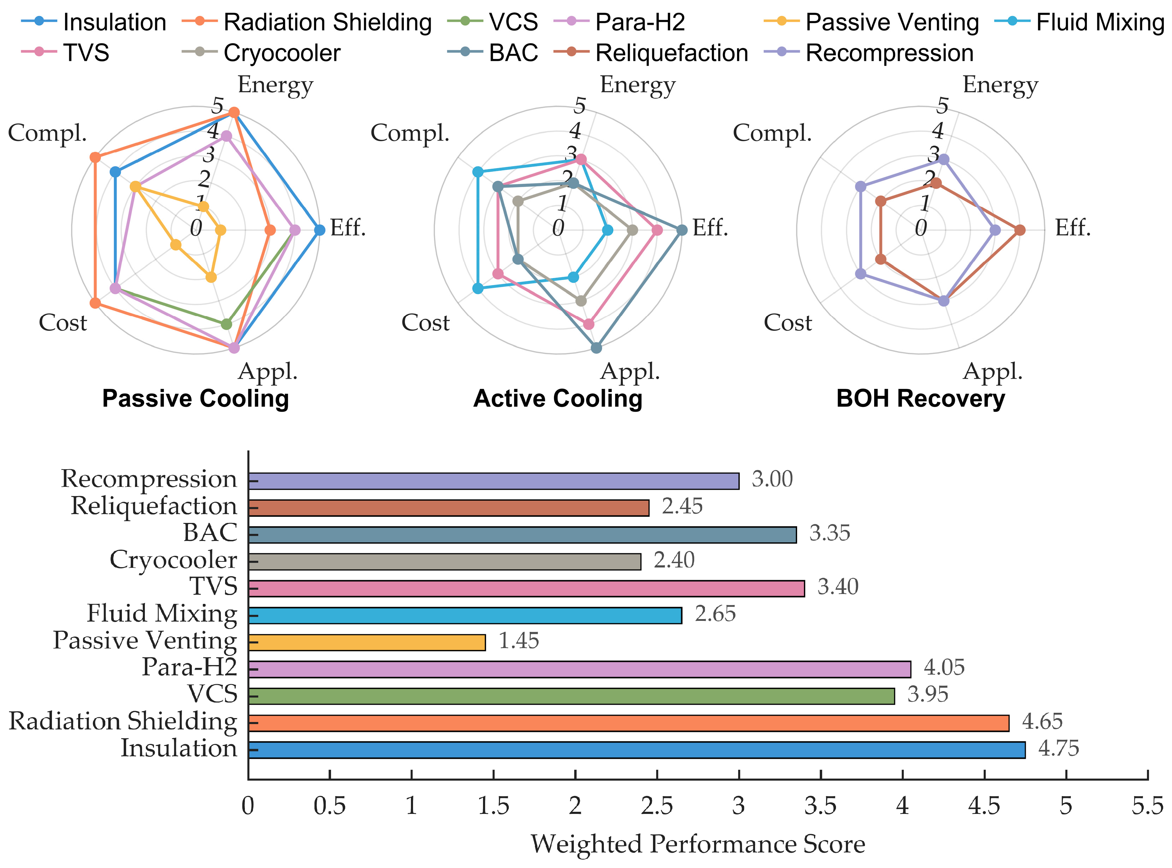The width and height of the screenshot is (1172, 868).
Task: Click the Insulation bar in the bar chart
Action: pos(636,750)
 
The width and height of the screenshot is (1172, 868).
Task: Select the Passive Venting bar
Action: pos(366,642)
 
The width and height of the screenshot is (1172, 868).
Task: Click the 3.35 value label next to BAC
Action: pos(829,533)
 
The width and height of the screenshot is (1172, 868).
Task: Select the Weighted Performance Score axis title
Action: pos(698,844)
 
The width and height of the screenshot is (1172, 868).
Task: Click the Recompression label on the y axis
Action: pos(149,479)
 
